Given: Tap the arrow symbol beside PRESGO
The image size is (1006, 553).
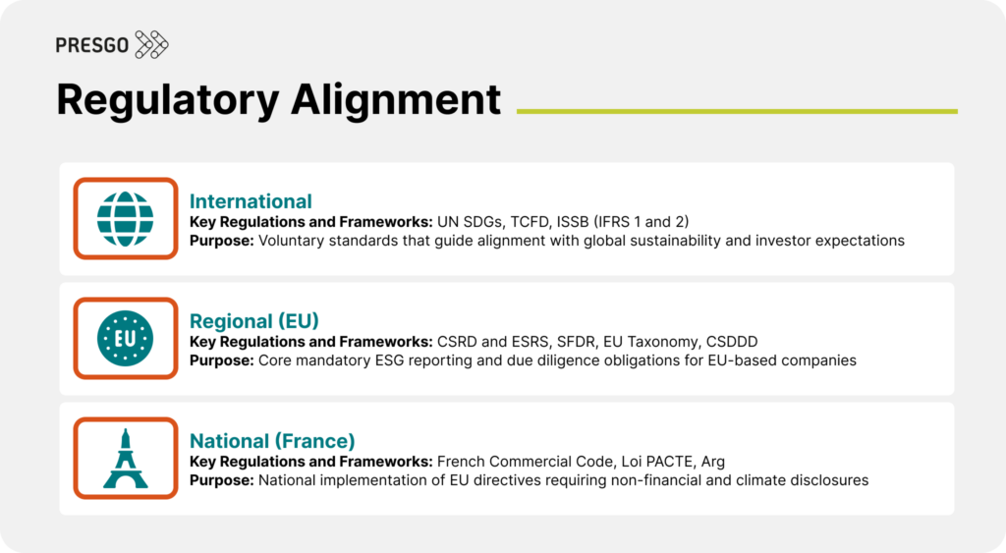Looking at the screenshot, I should coord(151,45).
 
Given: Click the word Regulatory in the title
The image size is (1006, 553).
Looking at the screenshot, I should coord(165,100).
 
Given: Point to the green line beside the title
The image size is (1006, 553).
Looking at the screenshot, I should coord(737,111).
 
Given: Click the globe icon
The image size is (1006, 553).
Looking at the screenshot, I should coord(126,219).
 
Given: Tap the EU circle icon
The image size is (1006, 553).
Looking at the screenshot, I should coord(126,339).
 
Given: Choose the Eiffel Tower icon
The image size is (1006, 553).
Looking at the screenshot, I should coord(126,459).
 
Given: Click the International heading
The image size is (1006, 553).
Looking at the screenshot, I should coord(251,202).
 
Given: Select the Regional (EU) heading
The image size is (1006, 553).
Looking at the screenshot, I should coord(254,322).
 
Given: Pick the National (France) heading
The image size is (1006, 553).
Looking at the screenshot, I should coord(272,442).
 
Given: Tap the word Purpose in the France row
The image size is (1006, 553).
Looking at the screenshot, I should coord(221,480).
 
